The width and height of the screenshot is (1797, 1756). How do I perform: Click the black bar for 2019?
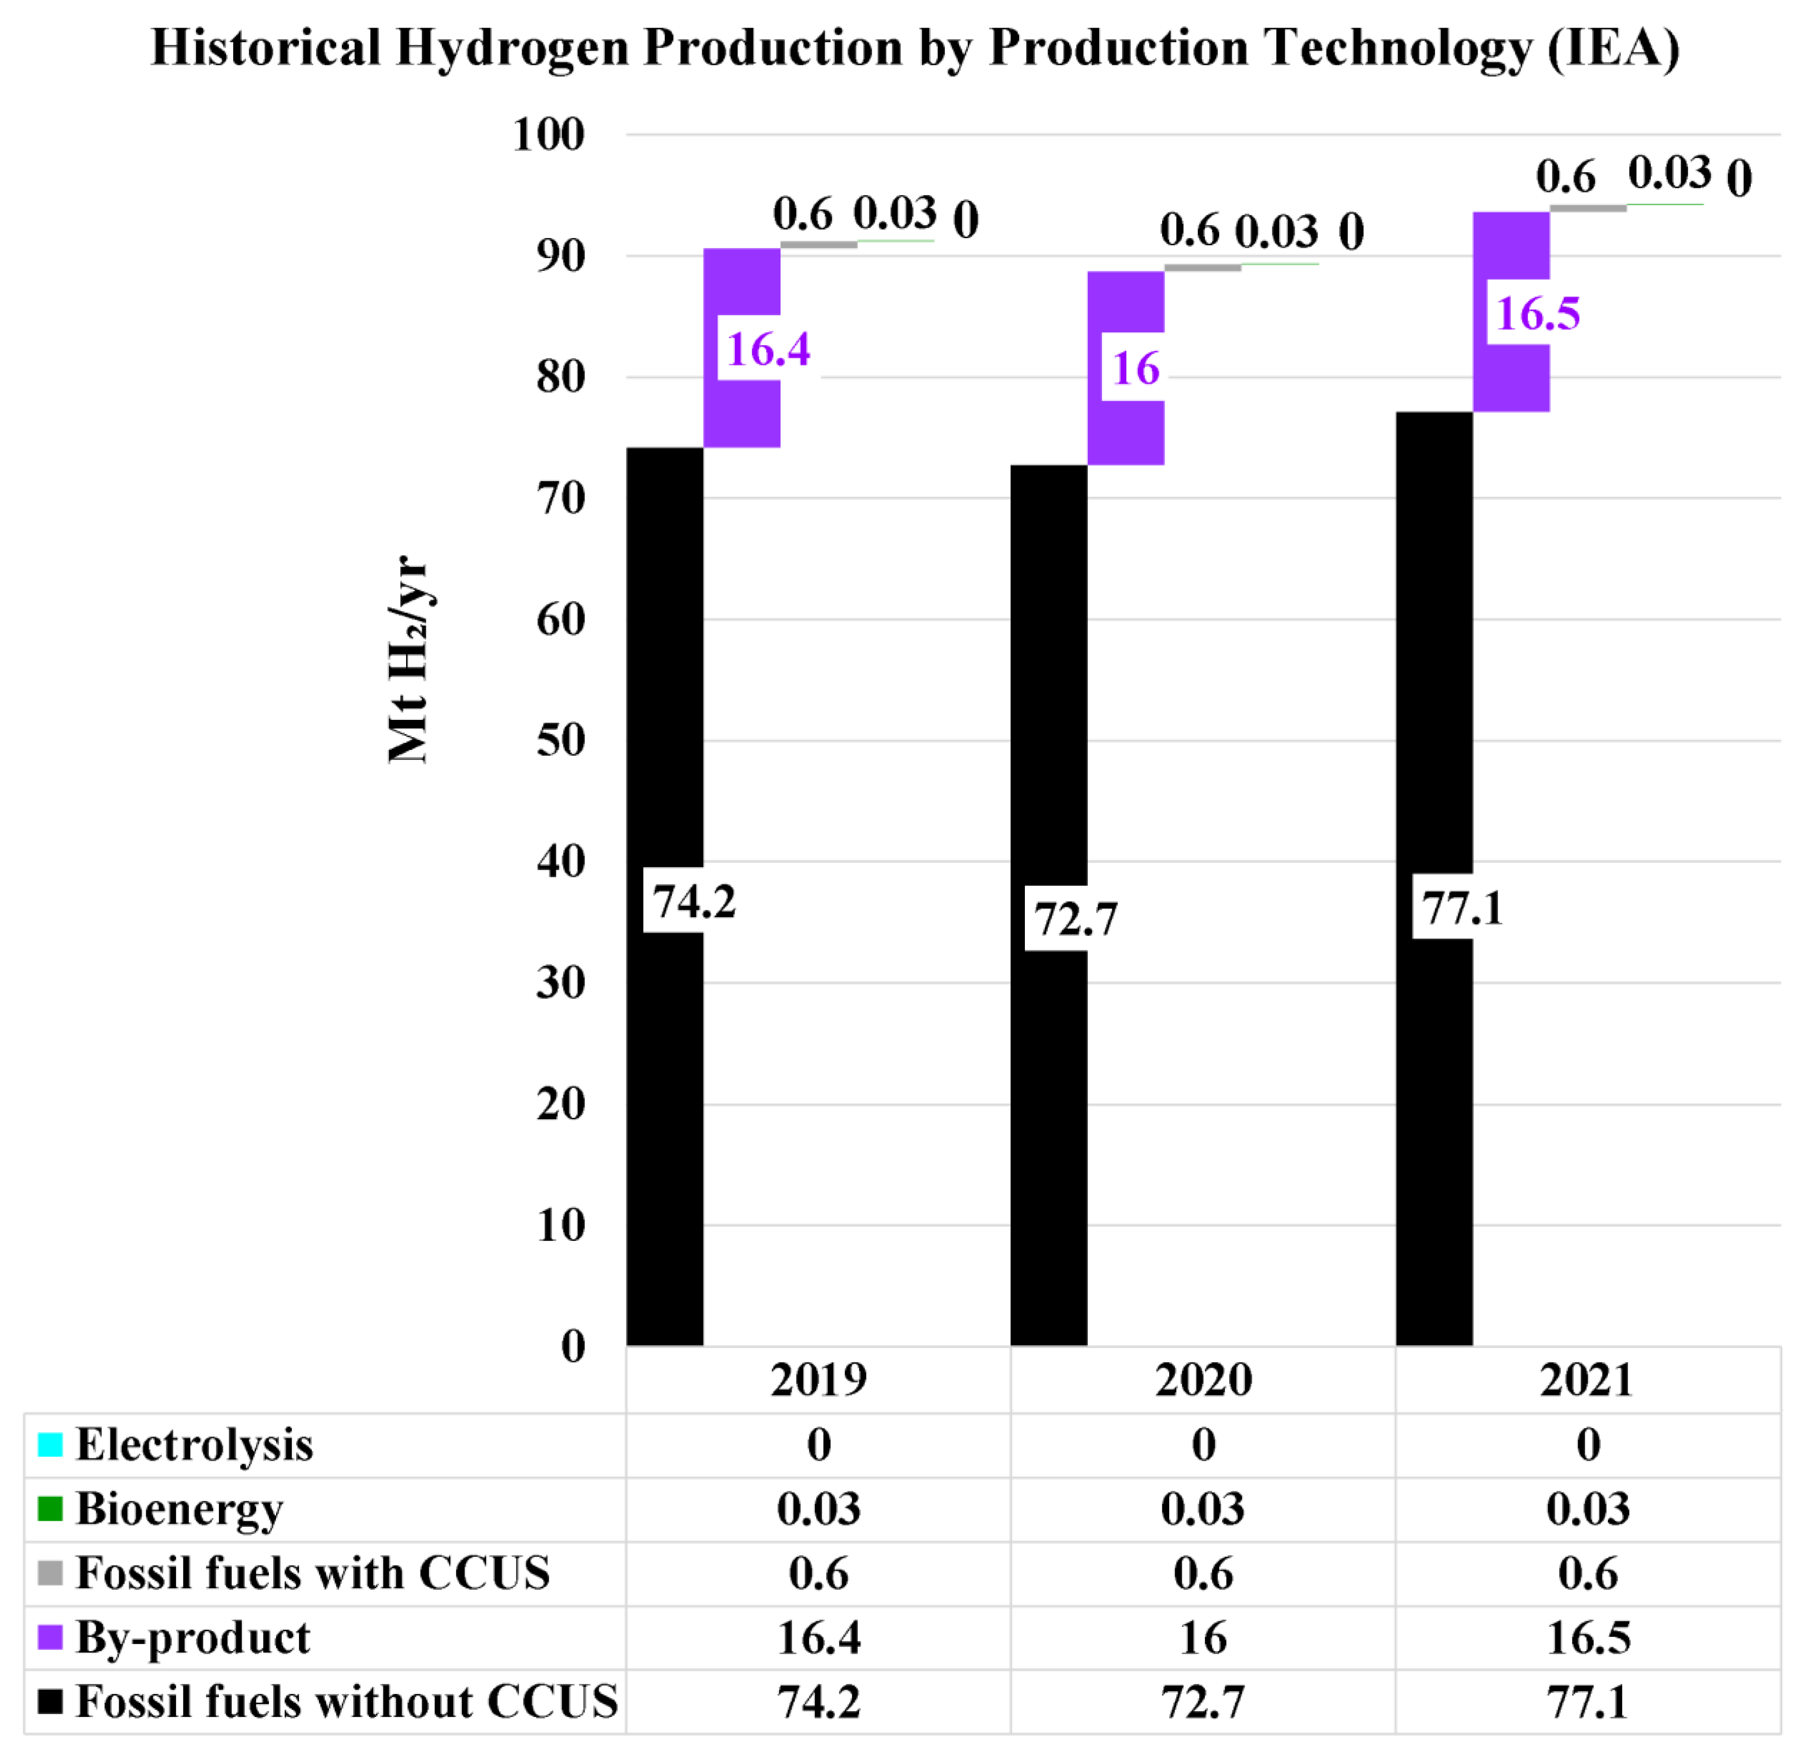[665, 1107]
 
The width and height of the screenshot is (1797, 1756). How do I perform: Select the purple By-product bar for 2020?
[1126, 433]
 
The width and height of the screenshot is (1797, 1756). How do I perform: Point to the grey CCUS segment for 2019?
[819, 244]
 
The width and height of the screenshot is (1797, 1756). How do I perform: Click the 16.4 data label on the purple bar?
[768, 349]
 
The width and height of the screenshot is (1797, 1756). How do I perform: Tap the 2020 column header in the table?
[1203, 1380]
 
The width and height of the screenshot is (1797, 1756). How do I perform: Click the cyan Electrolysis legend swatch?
[50, 1444]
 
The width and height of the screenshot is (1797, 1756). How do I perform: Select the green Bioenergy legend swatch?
[50, 1509]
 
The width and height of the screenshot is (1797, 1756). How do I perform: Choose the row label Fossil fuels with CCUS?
[313, 1573]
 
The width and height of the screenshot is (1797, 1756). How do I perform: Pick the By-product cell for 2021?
[1588, 1637]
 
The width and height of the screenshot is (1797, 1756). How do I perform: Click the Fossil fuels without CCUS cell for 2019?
[819, 1702]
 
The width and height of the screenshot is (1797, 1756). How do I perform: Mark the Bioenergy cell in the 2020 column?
[1203, 1509]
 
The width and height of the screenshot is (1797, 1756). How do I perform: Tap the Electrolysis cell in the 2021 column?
[1588, 1444]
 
